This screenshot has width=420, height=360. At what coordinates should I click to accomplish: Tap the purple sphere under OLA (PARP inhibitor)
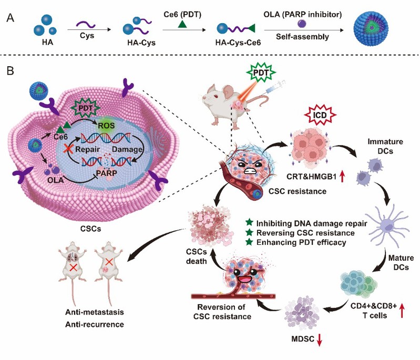tap(301, 24)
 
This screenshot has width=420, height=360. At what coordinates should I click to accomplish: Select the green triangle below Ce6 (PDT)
tap(181, 24)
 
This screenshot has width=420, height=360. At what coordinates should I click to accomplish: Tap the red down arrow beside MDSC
tap(319, 341)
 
